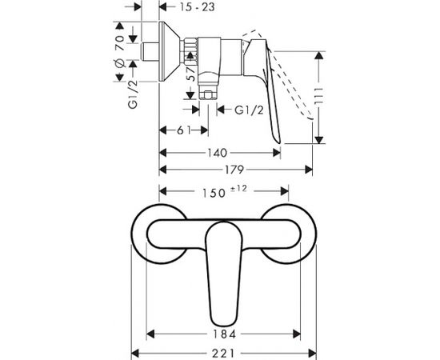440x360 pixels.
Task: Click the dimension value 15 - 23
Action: coord(197,7)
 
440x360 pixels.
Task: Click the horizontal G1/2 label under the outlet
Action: coord(249,110)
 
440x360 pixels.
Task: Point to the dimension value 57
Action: coord(192,74)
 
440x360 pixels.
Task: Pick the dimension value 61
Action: coord(184,130)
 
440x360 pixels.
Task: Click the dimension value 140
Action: coord(217,153)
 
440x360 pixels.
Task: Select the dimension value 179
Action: coord(234,170)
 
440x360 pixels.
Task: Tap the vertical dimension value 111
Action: coord(318,97)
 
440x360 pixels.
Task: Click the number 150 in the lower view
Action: coord(214,193)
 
